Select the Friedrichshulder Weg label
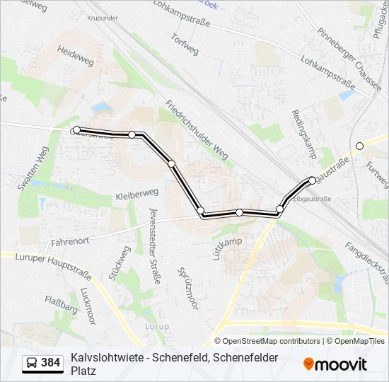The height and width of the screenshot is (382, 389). pyautogui.click(x=197, y=131)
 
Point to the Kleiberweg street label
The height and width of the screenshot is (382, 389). pyautogui.click(x=137, y=193)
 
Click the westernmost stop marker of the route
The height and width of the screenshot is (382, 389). pyautogui.click(x=76, y=130)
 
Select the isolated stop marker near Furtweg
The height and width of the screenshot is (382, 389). pyautogui.click(x=359, y=146)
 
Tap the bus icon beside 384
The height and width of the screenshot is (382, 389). pyautogui.click(x=31, y=363)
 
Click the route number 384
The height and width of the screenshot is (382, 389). pyautogui.click(x=51, y=363)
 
